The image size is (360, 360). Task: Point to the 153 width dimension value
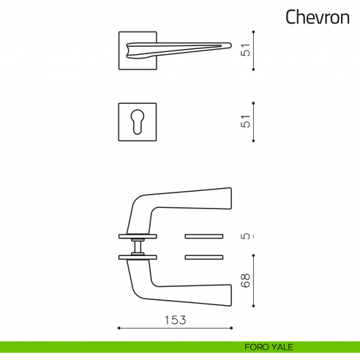pyautogui.click(x=175, y=320)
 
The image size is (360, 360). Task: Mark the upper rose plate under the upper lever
pyautogui.click(x=138, y=236)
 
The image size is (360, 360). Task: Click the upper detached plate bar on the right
pyautogui.click(x=204, y=236)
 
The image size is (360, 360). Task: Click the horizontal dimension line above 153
pyautogui.click(x=175, y=328)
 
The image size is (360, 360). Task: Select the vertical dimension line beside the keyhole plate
pyautogui.click(x=254, y=121)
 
